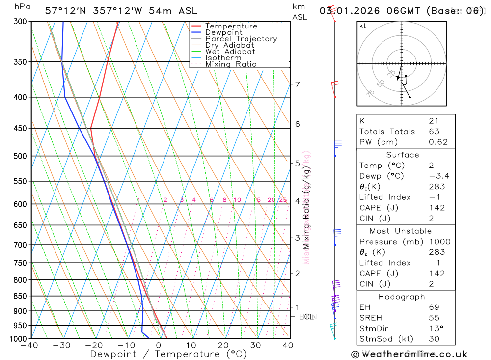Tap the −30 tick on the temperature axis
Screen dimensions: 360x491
(61, 345)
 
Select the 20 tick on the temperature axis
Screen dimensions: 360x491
(223, 345)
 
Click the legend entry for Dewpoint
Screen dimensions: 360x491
(224, 32)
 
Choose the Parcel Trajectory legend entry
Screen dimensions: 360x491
(241, 39)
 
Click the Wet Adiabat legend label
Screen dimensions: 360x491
(230, 52)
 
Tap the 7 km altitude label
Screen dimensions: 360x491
(297, 84)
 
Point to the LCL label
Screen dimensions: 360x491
(306, 317)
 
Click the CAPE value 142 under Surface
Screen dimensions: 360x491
(436, 208)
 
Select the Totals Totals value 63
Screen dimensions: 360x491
(434, 132)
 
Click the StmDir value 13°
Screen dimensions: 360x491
(436, 328)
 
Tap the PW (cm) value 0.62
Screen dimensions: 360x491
(438, 142)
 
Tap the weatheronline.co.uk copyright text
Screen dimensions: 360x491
(409, 354)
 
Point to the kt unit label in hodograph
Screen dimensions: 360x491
(363, 26)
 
